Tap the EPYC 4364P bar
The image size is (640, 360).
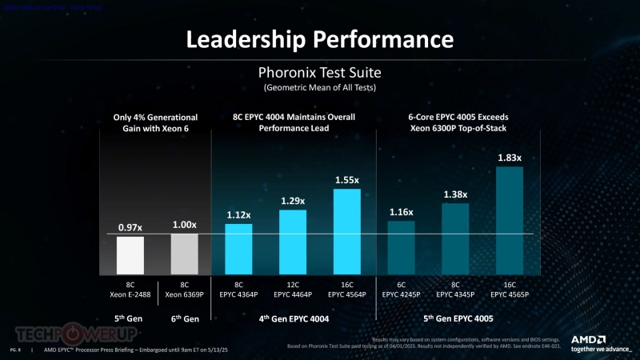coord(238,250)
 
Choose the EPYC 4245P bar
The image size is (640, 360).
coord(402,249)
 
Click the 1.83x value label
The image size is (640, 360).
coord(510,158)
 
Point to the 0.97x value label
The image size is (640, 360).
coord(130,227)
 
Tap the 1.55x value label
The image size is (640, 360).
coord(346,180)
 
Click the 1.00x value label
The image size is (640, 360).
coord(185,225)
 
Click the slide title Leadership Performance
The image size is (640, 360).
coord(320,39)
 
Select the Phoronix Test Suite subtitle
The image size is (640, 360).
coord(320,71)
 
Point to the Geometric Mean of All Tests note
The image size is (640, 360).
coord(320,86)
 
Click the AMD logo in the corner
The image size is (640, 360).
coord(598,342)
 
